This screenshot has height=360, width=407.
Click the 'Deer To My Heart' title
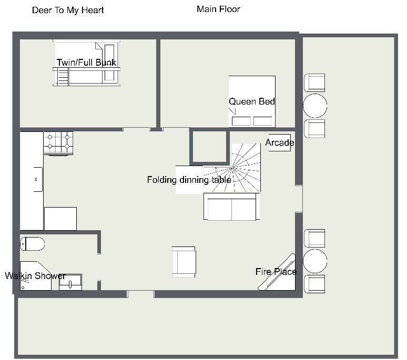pyautogui.click(x=68, y=11)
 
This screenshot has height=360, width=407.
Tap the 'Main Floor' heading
pyautogui.click(x=218, y=9)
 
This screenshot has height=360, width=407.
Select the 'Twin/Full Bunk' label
pyautogui.click(x=86, y=63)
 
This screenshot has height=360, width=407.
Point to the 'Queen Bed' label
pyautogui.click(x=252, y=101)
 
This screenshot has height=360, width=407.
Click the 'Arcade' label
pyautogui.click(x=280, y=142)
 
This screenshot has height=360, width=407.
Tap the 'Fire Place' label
pyautogui.click(x=276, y=272)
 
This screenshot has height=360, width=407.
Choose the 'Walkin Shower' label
pyautogui.click(x=35, y=275)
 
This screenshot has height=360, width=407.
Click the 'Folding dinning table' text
pyautogui.click(x=189, y=180)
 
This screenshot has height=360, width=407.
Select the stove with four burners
pyautogui.click(x=58, y=143)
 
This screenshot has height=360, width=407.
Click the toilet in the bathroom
pyautogui.click(x=33, y=244)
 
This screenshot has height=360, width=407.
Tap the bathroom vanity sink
pyautogui.click(x=70, y=282)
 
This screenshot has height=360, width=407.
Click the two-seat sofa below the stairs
pyautogui.click(x=231, y=207)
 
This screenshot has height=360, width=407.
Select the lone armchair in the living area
pyautogui.click(x=184, y=262)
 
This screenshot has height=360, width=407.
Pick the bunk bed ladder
pyautogui.click(x=63, y=77)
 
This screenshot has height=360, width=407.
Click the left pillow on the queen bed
pyautogui.click(x=241, y=121)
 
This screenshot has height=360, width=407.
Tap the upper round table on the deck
pyautogui.click(x=315, y=106)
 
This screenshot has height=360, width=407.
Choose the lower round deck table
pyautogui.click(x=315, y=261)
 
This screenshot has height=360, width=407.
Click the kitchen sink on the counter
pyautogui.click(x=38, y=180)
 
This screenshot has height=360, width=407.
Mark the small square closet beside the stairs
pyautogui.click(x=209, y=147)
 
